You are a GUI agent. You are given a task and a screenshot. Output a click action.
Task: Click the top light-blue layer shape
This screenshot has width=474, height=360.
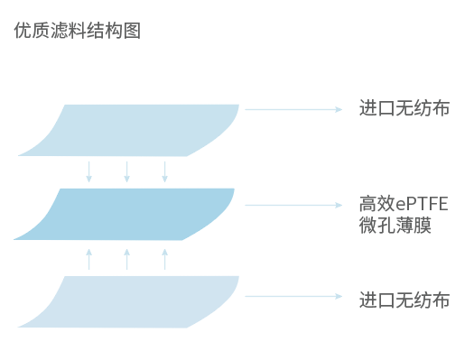(x=135, y=129)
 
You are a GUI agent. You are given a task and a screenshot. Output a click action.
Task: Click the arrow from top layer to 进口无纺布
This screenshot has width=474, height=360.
(x=293, y=109)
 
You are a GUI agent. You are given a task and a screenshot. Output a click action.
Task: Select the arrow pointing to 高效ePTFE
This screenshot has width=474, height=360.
(x=293, y=205)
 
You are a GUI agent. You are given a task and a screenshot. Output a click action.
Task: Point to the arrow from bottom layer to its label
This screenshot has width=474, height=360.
(x=293, y=295)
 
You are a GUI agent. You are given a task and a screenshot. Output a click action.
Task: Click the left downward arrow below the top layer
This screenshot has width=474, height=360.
(x=88, y=171)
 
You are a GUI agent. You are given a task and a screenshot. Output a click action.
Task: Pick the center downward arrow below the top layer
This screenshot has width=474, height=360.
(x=126, y=171)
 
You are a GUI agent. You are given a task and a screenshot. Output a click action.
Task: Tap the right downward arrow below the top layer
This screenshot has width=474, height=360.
(x=164, y=171)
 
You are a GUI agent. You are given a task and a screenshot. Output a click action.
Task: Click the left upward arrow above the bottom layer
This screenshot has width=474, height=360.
(x=88, y=259)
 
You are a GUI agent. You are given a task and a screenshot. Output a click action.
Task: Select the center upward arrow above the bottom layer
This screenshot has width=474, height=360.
(x=126, y=259)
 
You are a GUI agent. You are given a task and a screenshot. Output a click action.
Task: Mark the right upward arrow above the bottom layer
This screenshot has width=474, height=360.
(x=164, y=259)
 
